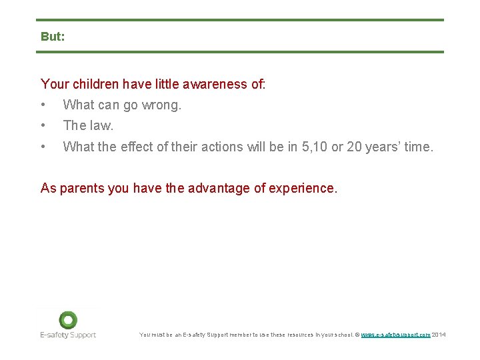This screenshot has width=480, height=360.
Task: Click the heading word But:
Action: tap(53, 37)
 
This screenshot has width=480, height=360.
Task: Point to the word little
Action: tap(173, 84)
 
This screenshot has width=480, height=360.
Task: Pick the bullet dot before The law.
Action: tap(43, 125)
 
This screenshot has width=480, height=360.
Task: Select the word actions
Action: tap(224, 147)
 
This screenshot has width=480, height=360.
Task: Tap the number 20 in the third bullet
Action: tap(354, 147)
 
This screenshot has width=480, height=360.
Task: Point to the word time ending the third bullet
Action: tap(418, 147)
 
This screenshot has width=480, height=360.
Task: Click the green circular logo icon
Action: tap(67, 320)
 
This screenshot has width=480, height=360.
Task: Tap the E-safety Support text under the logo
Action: tap(67, 335)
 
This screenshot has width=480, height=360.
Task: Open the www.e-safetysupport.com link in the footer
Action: tap(395, 335)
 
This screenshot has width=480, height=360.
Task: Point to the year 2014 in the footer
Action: tap(439, 335)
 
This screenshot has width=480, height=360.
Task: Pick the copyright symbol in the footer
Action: tap(357, 335)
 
